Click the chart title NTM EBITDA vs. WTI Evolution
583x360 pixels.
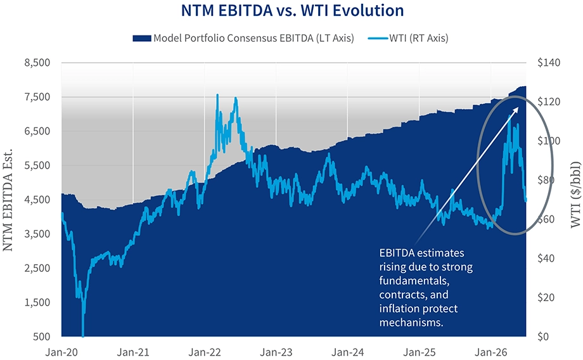(x=292, y=10)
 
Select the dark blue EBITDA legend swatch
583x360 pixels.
(x=142, y=38)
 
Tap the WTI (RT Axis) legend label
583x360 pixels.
(x=419, y=38)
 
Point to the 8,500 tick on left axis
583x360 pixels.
(x=37, y=63)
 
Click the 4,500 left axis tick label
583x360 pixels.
(x=37, y=200)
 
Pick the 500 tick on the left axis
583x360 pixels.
(x=42, y=337)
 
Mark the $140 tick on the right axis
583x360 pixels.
(x=549, y=63)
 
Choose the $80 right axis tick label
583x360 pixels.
(x=546, y=180)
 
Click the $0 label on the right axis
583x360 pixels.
(x=543, y=337)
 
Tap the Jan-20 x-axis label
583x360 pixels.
(x=61, y=352)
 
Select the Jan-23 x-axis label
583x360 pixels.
(x=276, y=352)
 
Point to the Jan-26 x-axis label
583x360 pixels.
(x=491, y=352)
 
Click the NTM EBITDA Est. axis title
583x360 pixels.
(x=8, y=200)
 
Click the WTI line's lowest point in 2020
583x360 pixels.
(x=82, y=336)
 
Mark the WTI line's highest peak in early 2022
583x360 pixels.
(x=217, y=95)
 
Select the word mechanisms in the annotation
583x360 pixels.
(x=411, y=322)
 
